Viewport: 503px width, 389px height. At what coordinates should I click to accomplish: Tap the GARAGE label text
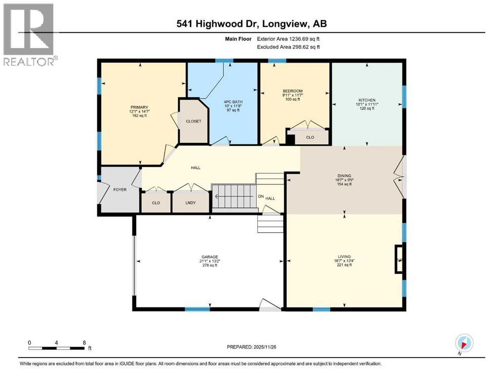coord(209,257)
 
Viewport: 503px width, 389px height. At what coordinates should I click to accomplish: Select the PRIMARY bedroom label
coord(139,107)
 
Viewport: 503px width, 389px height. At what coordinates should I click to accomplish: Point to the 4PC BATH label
coord(234,102)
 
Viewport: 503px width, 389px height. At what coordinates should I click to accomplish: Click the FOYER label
coord(120,189)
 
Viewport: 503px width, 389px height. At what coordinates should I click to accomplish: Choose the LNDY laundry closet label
coord(190,203)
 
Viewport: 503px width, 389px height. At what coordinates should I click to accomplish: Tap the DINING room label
coord(344,175)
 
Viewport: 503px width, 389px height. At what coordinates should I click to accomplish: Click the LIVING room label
coord(344,257)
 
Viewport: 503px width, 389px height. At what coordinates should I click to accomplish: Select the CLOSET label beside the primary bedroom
coord(194,121)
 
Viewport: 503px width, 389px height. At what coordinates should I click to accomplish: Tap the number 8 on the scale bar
coord(84,342)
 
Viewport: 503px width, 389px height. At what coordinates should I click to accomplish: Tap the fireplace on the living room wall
coord(399,259)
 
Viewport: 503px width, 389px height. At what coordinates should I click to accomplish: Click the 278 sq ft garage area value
coord(209,265)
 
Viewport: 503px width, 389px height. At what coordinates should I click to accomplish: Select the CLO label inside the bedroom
coord(310,137)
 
